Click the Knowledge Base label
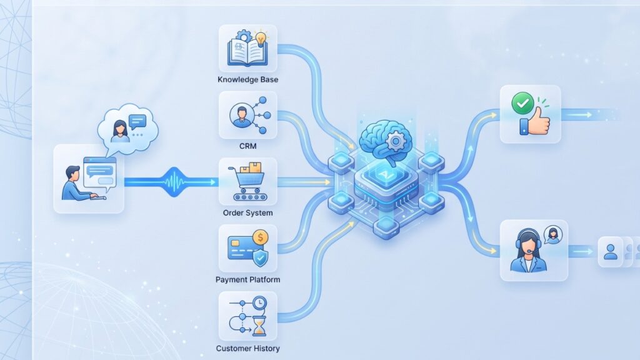pos(247,79)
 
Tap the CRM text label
pos(247,146)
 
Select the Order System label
pos(247,212)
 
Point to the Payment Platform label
pos(247,279)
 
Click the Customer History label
pos(247,348)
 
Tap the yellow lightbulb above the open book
pos(261,38)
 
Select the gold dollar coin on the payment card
pos(260,237)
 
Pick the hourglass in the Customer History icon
pos(259,326)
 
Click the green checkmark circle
pos(522,103)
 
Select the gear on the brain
pos(395,142)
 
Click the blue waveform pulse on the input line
pos(175,182)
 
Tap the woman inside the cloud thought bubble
pos(119,131)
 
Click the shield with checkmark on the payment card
pos(260,257)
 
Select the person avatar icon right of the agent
pos(611,252)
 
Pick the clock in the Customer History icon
pos(259,303)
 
